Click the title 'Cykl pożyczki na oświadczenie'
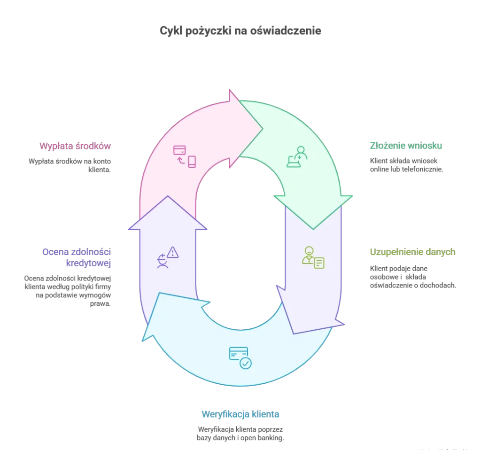pyautogui.click(x=240, y=31)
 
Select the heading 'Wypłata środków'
pyautogui.click(x=75, y=146)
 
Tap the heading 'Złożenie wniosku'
pyautogui.click(x=406, y=146)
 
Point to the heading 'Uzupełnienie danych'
pyautogui.click(x=412, y=252)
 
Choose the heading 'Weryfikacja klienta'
pyautogui.click(x=240, y=414)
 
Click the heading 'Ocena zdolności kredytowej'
pyautogui.click(x=77, y=257)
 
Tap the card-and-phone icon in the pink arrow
pyautogui.click(x=184, y=156)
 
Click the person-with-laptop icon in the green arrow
pyautogui.click(x=297, y=157)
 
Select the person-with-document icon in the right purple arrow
pyautogui.click(x=313, y=257)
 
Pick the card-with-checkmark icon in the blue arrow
pyautogui.click(x=240, y=357)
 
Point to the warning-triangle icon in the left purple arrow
pyautogui.click(x=173, y=252)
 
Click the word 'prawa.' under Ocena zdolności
pyautogui.click(x=101, y=304)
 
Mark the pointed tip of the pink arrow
pyautogui.click(x=263, y=129)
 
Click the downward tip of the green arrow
pyautogui.click(x=313, y=229)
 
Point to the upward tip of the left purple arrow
pyautogui.click(x=168, y=196)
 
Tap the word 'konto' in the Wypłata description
pyautogui.click(x=102, y=161)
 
